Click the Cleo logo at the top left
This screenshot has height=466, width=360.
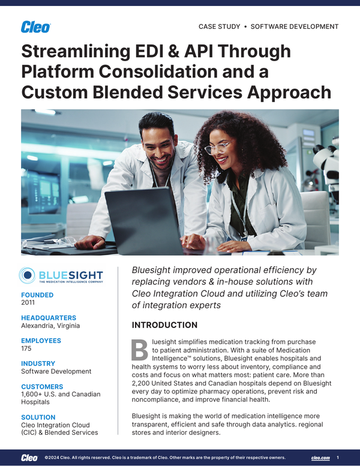(35, 27)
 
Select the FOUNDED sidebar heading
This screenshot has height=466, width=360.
(37, 295)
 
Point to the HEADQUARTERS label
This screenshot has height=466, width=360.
(49, 318)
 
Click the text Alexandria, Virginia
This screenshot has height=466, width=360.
(50, 326)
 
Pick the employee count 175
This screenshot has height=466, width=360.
(27, 348)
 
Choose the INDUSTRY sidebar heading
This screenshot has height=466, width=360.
(38, 363)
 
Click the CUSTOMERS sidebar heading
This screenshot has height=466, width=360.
(42, 387)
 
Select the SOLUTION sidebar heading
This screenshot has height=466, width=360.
(38, 417)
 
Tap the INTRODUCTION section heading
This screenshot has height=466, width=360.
(164, 325)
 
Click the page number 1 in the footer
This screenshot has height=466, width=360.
(338, 458)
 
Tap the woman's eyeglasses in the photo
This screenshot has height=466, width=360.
(217, 147)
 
